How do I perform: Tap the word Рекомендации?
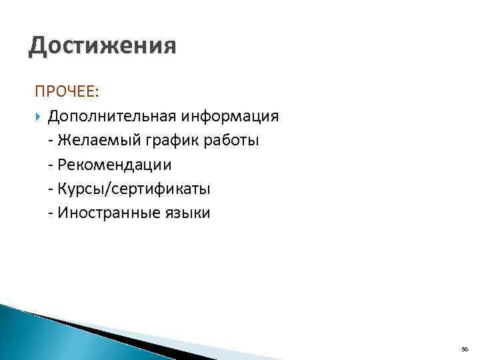click(115, 165)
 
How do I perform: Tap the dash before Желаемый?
click(51, 141)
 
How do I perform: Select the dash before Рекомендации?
click(51, 165)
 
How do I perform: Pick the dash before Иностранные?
click(51, 214)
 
